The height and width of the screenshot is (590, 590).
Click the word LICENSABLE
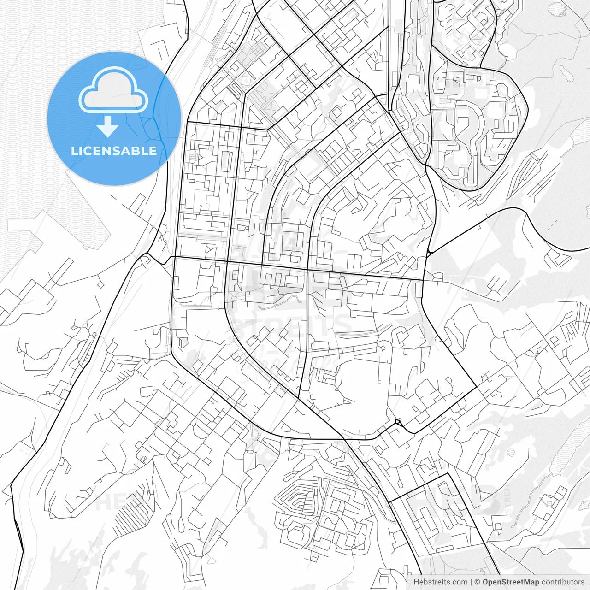(x=114, y=151)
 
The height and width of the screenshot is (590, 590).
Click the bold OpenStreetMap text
(x=511, y=582)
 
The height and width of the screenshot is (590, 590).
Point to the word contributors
(x=563, y=582)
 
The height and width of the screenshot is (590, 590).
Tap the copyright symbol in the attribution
(x=478, y=582)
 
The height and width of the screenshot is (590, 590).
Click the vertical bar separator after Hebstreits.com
(x=471, y=582)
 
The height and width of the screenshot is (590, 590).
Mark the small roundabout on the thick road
(x=398, y=422)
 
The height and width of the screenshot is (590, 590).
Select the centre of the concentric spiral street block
(x=298, y=500)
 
